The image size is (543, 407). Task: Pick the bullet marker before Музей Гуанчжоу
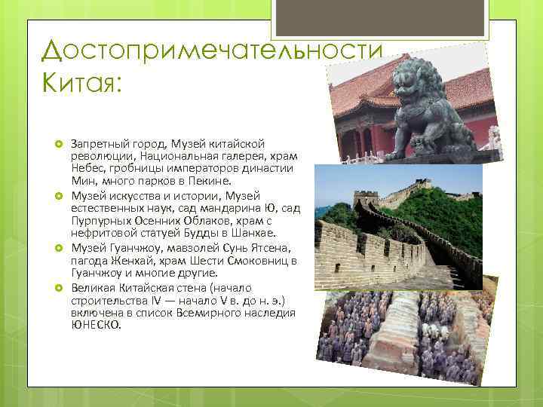click(x=57, y=248)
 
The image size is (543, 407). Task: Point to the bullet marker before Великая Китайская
click(x=57, y=289)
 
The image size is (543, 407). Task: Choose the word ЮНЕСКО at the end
click(x=96, y=325)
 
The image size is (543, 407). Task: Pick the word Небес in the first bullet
click(x=87, y=168)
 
